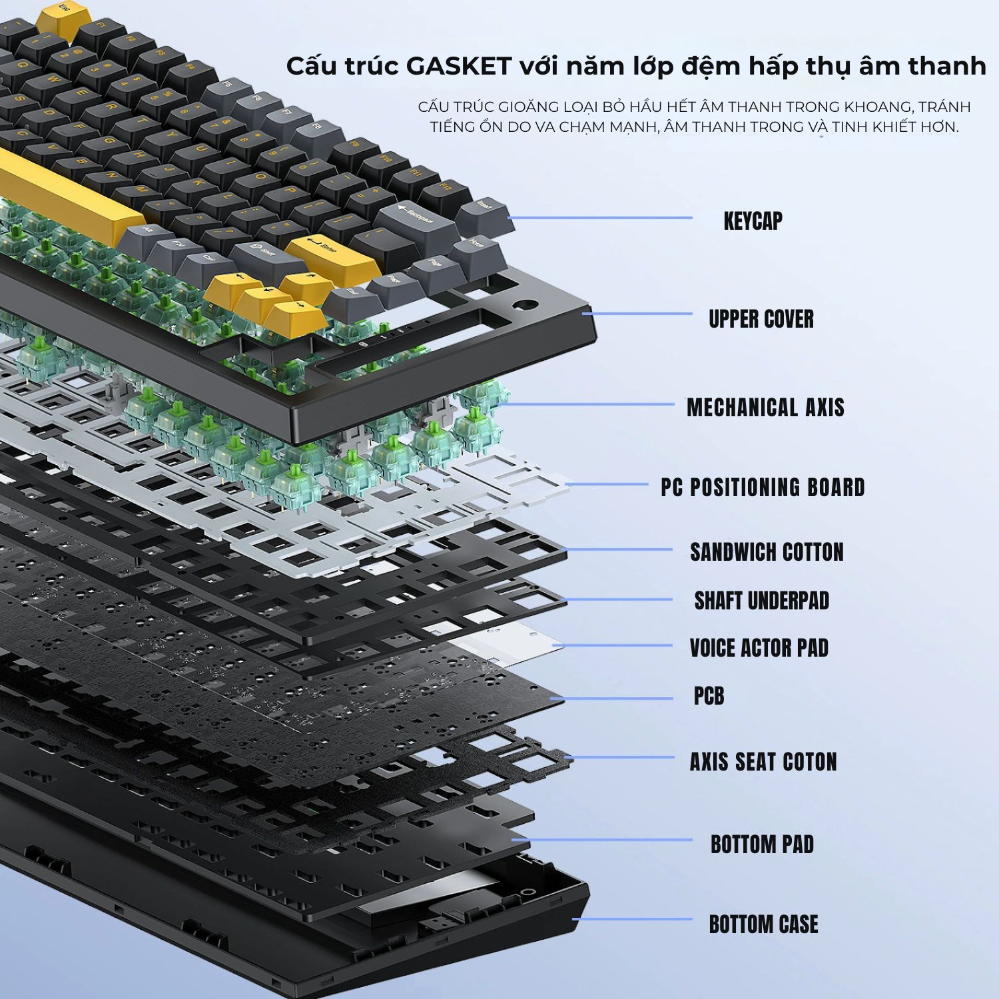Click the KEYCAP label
point(753,221)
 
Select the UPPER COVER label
point(761,319)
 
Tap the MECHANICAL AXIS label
point(765,408)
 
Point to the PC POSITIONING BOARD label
point(763,488)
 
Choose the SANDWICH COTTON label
point(767,552)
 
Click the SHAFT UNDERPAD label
point(762,601)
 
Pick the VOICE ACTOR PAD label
point(759,648)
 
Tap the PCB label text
point(709,697)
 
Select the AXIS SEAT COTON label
point(763,762)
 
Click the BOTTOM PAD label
point(762,844)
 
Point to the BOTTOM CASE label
point(763,924)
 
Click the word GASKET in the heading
point(458,67)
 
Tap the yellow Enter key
point(332,254)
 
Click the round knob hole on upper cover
point(527,306)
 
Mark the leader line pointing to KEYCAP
point(600,218)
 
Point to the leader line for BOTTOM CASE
point(632,920)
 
